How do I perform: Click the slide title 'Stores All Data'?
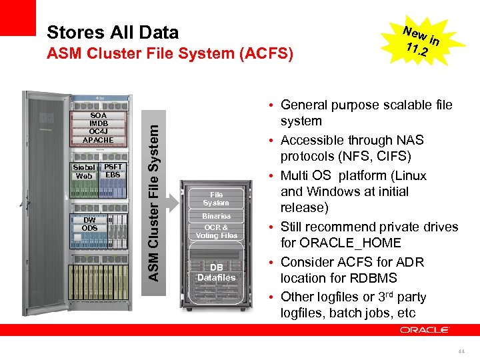click(x=113, y=32)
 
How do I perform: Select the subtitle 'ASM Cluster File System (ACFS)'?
click(x=170, y=54)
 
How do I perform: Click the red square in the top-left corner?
click(x=17, y=17)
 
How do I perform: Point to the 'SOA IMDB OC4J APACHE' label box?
click(x=98, y=127)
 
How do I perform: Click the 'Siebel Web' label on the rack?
click(x=85, y=171)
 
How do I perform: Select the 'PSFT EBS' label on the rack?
click(x=113, y=171)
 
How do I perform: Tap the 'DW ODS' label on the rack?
click(x=90, y=224)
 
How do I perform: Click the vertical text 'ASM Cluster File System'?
click(x=153, y=195)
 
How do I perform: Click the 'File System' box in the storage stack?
click(x=216, y=199)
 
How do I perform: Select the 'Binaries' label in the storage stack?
click(x=216, y=216)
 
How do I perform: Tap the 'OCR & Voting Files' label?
click(x=216, y=231)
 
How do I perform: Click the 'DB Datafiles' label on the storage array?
click(x=216, y=273)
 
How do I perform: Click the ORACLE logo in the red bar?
click(x=425, y=330)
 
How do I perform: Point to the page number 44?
click(x=463, y=350)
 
